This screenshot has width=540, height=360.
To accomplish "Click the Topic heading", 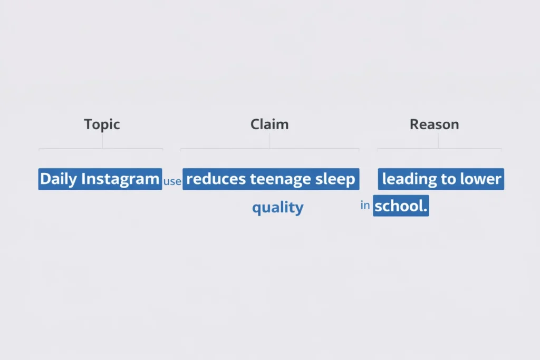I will click(102, 124).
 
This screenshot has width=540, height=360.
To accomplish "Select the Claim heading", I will click(269, 124).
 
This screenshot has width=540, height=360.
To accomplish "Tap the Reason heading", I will click(434, 124).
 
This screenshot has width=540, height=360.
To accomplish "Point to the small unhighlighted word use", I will click(172, 181).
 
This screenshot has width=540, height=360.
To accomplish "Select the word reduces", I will click(216, 179).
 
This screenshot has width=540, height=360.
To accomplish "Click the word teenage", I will click(281, 179).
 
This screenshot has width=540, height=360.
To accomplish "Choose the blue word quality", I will click(277, 207).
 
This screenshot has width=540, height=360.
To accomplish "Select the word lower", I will click(480, 179).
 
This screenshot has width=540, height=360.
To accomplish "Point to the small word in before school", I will click(365, 206).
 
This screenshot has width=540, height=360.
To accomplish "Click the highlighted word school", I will click(399, 206).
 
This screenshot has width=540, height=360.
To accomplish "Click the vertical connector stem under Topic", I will click(102, 141).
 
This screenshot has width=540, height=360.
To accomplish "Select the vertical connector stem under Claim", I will click(269, 141).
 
